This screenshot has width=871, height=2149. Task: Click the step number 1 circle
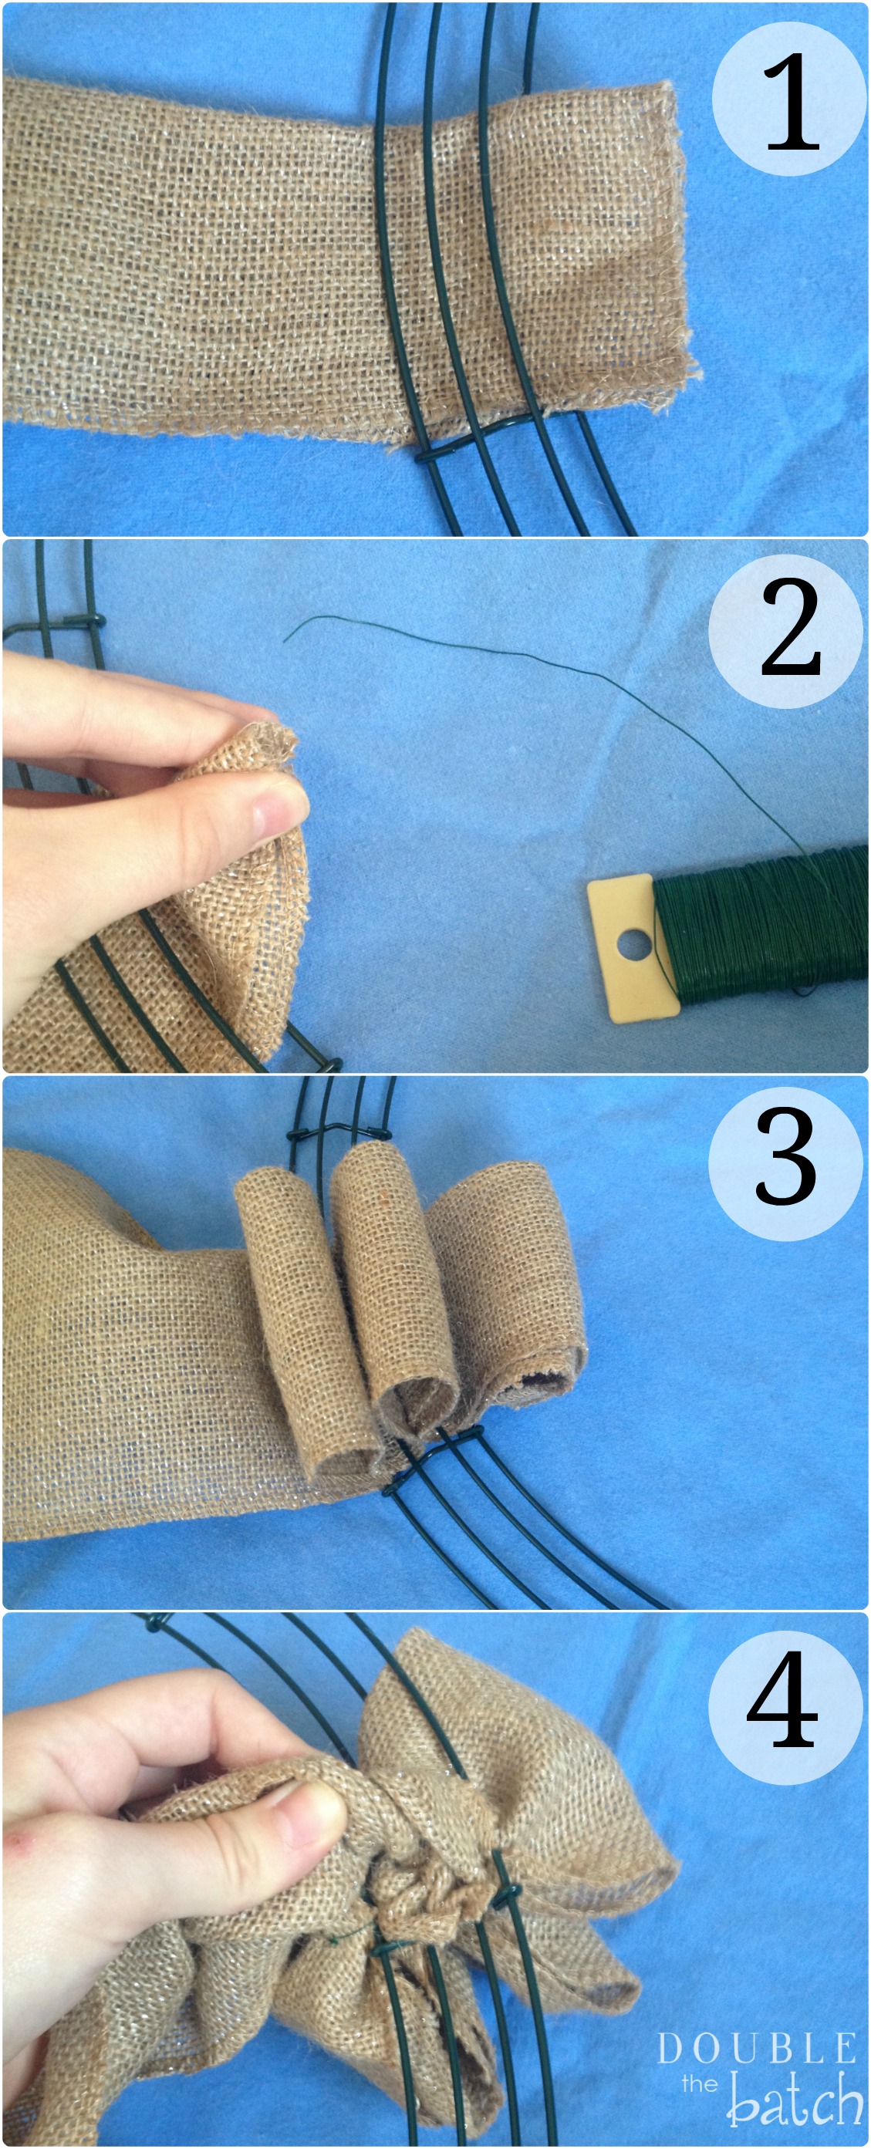[789, 100]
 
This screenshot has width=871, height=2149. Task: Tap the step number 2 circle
[786, 632]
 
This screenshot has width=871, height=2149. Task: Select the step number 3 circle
[786, 1163]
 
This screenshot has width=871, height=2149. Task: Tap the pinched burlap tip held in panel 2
[267, 743]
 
